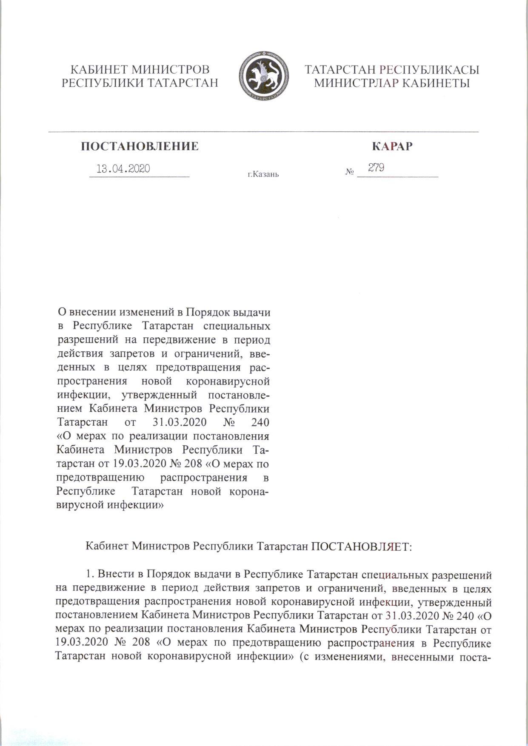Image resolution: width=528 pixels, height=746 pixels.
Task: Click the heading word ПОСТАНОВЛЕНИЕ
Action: click(x=140, y=147)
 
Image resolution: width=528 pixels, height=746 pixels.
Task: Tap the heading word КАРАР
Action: click(x=392, y=147)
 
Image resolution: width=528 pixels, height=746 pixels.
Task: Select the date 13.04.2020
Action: click(x=123, y=169)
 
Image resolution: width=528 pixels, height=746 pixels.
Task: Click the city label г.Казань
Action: click(x=263, y=174)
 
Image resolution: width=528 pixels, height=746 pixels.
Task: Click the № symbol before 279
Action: click(x=350, y=172)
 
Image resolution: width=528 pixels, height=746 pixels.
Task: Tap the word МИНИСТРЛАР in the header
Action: click(x=355, y=83)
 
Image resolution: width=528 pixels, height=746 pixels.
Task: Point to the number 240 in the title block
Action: click(x=260, y=423)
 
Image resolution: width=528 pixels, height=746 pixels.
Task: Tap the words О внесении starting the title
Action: click(x=87, y=313)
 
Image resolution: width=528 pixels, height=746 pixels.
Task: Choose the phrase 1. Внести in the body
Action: click(x=107, y=575)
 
